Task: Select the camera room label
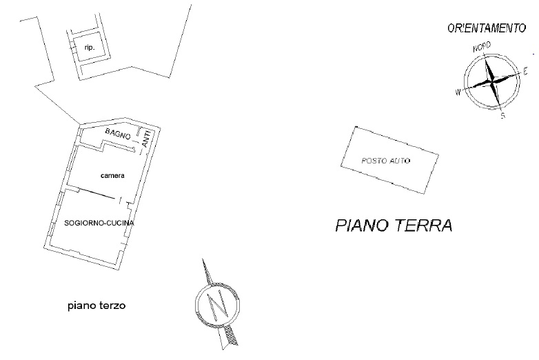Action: tap(112, 176)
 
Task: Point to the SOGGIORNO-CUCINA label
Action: tap(99, 223)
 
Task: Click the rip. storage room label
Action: tap(88, 48)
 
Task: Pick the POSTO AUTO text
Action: tap(386, 161)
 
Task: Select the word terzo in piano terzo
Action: tap(111, 305)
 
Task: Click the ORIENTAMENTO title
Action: tap(487, 28)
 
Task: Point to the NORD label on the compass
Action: tap(482, 48)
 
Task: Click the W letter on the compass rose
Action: tap(457, 91)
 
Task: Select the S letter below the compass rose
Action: tap(503, 116)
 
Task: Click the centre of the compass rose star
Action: tap(492, 81)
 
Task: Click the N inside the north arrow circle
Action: tap(218, 303)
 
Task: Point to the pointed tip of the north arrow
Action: tap(203, 260)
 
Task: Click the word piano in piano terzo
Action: tap(81, 305)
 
